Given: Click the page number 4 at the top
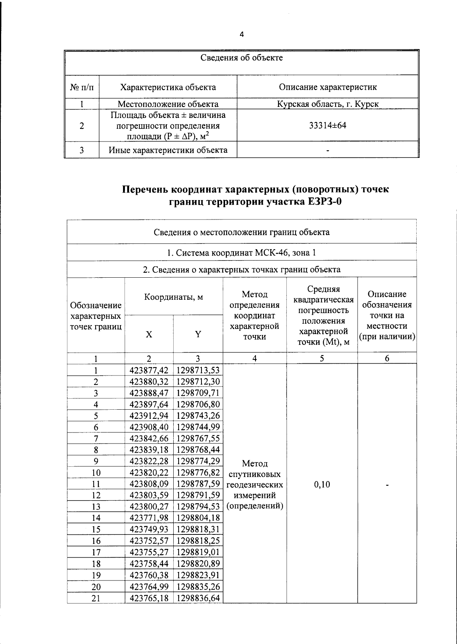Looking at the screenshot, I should [x=241, y=35].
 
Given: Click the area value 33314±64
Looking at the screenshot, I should [x=328, y=126].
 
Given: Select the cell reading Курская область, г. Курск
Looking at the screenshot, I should [x=328, y=104].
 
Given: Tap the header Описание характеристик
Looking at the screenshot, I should [x=328, y=87].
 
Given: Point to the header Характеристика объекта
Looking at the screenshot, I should [x=168, y=87].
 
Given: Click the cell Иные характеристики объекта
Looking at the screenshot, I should [x=168, y=150].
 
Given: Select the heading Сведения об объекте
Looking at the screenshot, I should [x=241, y=58].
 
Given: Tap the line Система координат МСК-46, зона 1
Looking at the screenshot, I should [x=241, y=253].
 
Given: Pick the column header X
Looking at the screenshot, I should [x=149, y=334].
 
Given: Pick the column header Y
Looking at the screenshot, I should [x=198, y=334].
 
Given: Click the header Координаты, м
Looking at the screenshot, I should [x=173, y=297].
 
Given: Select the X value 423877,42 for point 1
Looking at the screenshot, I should [x=149, y=370].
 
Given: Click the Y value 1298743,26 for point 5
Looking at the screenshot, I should [x=198, y=415].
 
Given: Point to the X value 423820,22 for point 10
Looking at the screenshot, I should [x=149, y=472].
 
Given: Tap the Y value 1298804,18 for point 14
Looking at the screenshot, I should [x=198, y=518].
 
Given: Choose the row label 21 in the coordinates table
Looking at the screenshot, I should [x=96, y=598].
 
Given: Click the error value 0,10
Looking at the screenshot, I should [x=322, y=484].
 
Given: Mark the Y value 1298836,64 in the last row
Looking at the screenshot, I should [x=198, y=598].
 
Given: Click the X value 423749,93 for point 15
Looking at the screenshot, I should [x=149, y=529].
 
